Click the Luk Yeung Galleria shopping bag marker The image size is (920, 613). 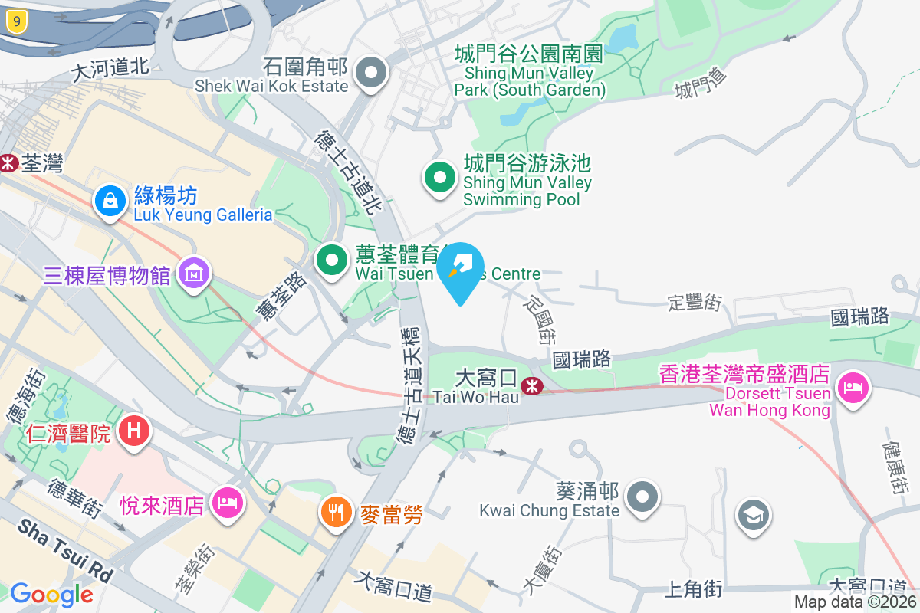110,202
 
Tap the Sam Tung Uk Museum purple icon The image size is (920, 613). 193,274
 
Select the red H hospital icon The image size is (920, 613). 133,431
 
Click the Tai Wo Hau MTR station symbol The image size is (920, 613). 531,385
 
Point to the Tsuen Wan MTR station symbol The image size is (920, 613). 8,163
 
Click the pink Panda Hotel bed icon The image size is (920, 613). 227,504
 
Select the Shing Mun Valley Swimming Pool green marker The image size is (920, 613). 439,179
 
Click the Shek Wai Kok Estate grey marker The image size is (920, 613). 373,74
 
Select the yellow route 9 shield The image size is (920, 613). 15,21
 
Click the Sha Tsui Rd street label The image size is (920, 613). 65,549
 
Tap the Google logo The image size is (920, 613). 51,595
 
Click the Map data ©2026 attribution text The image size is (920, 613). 855,602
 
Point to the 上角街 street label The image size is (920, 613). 692,588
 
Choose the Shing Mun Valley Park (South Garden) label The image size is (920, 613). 529,72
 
